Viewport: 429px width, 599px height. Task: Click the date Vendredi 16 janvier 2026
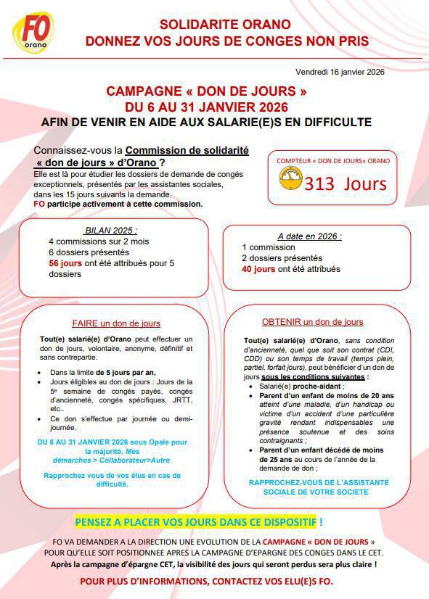[340, 72]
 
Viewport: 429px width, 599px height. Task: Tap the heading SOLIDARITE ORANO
[226, 25]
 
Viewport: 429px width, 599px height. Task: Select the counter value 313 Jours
[346, 183]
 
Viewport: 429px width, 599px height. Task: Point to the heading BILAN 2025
[110, 230]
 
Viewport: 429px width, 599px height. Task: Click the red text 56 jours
[64, 263]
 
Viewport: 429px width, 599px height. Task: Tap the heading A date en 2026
[309, 236]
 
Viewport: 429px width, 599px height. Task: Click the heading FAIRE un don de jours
[116, 323]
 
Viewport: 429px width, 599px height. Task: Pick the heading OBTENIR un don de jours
[313, 322]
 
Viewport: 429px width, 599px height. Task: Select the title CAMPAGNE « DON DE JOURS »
[206, 92]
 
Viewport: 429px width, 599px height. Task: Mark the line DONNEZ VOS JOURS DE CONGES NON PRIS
[226, 41]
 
